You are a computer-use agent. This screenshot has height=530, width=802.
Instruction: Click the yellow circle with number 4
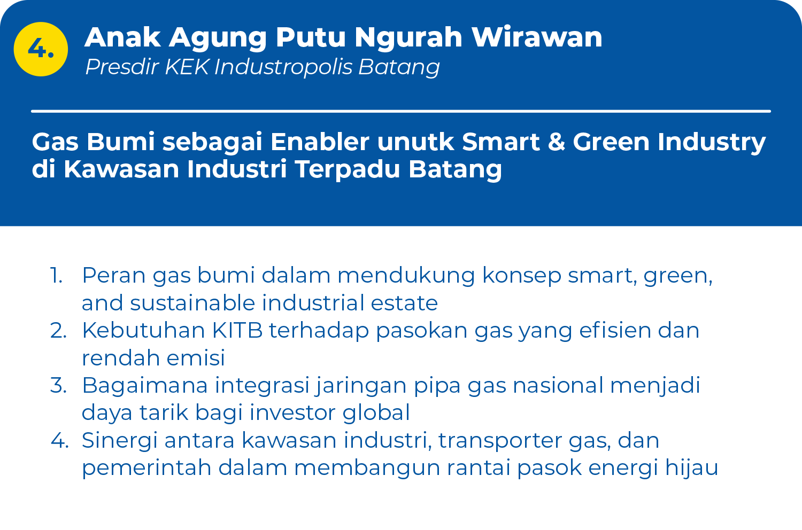tap(41, 49)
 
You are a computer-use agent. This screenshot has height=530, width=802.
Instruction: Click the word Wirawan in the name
tap(537, 37)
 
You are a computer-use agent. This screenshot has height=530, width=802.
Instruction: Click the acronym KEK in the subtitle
tap(187, 67)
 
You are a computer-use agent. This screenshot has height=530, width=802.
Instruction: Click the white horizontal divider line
tap(401, 111)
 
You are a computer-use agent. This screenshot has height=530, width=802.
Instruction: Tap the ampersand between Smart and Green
tap(557, 142)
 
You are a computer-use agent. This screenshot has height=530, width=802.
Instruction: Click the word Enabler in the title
tap(320, 142)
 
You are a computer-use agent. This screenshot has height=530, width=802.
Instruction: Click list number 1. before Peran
tap(57, 276)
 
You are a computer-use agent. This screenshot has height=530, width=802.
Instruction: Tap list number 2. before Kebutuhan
tap(58, 330)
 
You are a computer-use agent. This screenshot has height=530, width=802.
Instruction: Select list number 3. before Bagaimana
tap(58, 385)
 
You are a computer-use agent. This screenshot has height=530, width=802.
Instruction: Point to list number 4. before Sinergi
tap(59, 440)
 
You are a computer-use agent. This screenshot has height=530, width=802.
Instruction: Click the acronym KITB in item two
tap(237, 330)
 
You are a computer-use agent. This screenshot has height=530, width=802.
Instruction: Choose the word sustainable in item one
tap(192, 303)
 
